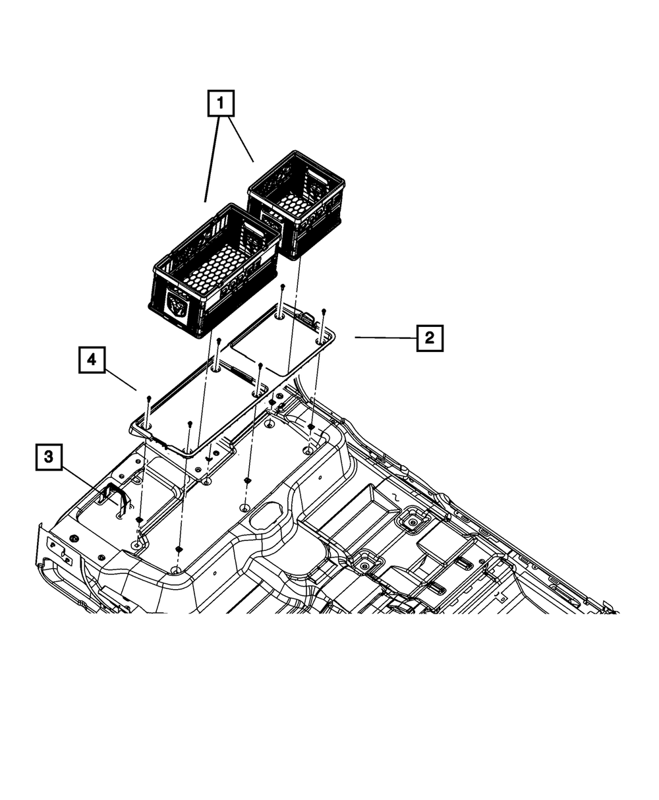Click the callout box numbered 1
221,104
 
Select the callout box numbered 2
430,338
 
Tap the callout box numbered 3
49,456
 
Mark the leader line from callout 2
386,337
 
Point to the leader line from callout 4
120,378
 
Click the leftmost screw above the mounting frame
150,399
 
